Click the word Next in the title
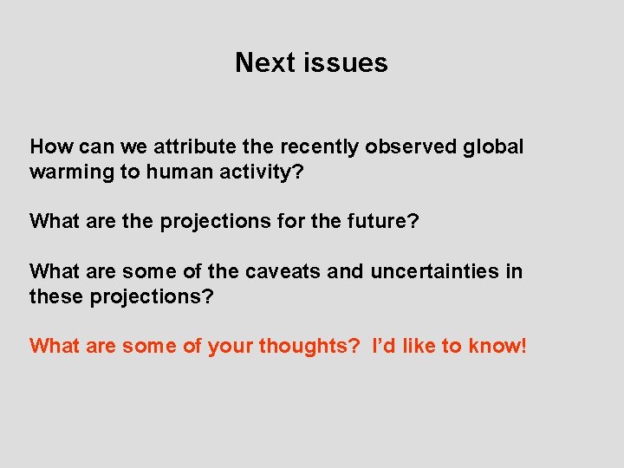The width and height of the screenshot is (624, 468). point(263,62)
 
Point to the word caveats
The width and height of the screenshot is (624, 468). point(284,271)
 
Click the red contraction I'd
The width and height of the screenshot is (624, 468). point(384,346)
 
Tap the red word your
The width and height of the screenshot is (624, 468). point(229,346)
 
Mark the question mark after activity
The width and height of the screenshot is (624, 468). point(298,172)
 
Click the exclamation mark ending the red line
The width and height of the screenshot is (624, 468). point(523,346)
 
